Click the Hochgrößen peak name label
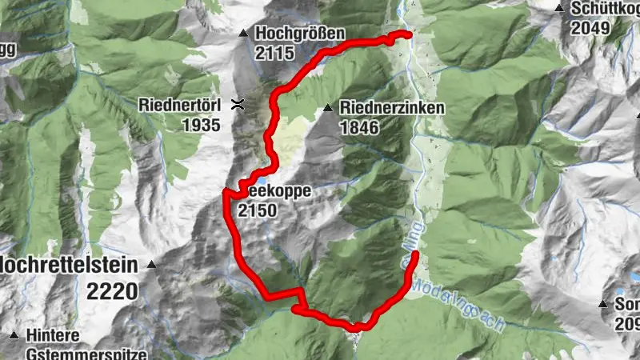300,34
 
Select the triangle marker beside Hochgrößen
243,33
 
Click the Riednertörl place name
183,105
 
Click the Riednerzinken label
392,107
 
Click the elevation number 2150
257,211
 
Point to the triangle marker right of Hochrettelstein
151,264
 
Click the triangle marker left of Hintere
14,334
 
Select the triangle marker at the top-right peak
558,8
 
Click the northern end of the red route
408,34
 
